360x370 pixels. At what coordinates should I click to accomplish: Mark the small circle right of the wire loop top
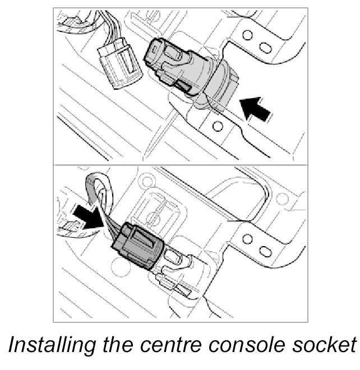pyautogui.click(x=146, y=181)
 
